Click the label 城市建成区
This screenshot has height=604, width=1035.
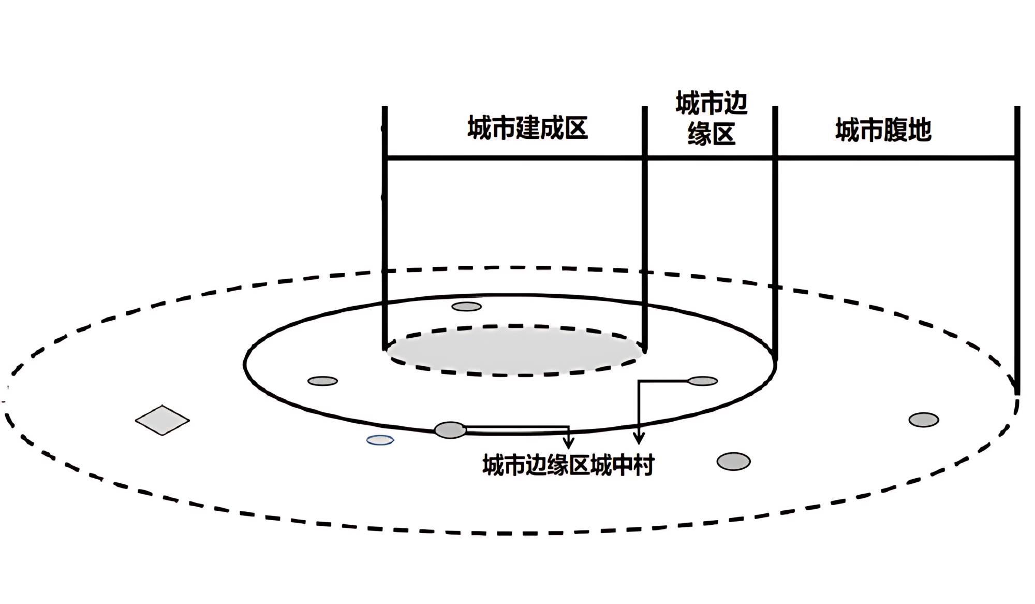pyautogui.click(x=527, y=128)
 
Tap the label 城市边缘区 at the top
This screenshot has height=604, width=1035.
pyautogui.click(x=712, y=119)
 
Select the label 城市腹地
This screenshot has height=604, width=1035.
pyautogui.click(x=883, y=130)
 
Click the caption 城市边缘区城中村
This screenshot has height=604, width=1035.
pyautogui.click(x=568, y=465)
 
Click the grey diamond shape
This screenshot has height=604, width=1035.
pyautogui.click(x=162, y=420)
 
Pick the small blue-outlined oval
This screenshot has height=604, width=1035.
pyautogui.click(x=380, y=440)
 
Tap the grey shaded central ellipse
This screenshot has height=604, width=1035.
pyautogui.click(x=515, y=350)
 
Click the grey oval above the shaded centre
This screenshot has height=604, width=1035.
pyautogui.click(x=466, y=307)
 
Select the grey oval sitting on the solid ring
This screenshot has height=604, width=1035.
pyautogui.click(x=450, y=430)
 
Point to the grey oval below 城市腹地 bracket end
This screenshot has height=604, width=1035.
pyautogui.click(x=924, y=420)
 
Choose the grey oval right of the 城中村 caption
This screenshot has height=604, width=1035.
pyautogui.click(x=733, y=461)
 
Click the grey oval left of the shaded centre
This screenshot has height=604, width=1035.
pyautogui.click(x=322, y=381)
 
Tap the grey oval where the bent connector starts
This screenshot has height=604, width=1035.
pyautogui.click(x=702, y=381)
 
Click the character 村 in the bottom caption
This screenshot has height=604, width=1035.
pyautogui.click(x=643, y=465)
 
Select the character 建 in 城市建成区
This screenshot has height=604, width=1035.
pyautogui.click(x=527, y=128)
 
